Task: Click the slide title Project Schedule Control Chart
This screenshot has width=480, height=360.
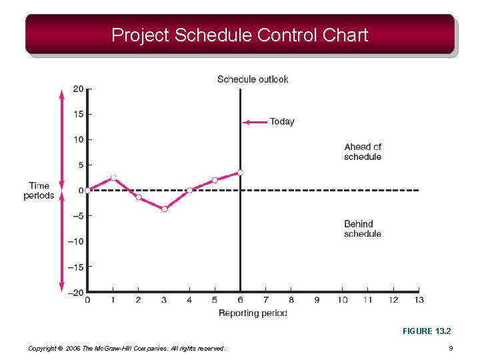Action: click(x=239, y=35)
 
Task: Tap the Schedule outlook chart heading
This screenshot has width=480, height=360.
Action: click(x=253, y=79)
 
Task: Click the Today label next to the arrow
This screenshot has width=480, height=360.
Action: click(x=281, y=121)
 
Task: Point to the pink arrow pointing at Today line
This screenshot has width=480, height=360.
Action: click(x=254, y=122)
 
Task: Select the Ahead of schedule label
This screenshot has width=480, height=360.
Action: click(x=363, y=152)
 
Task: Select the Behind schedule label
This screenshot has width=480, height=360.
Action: click(x=363, y=229)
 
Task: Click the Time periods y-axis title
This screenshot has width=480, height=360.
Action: click(x=39, y=191)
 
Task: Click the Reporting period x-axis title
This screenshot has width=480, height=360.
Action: click(x=253, y=313)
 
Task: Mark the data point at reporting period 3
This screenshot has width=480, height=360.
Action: click(x=164, y=209)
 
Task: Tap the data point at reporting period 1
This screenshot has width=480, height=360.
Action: click(x=113, y=177)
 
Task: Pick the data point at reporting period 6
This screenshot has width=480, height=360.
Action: click(x=240, y=173)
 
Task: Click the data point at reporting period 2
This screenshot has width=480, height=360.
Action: click(x=139, y=197)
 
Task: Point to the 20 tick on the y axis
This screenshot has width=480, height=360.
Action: click(x=78, y=89)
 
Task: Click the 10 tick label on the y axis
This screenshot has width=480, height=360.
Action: click(x=78, y=139)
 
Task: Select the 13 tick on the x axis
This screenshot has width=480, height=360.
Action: click(x=419, y=300)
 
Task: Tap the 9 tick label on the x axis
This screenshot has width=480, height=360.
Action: click(x=317, y=300)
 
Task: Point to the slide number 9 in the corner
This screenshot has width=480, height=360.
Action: click(x=451, y=348)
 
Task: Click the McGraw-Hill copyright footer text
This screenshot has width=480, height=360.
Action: click(x=127, y=348)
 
